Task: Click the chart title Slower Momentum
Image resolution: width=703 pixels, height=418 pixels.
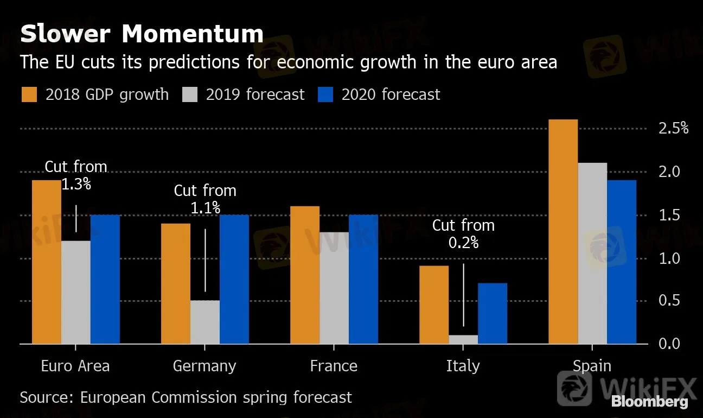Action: pos(142,34)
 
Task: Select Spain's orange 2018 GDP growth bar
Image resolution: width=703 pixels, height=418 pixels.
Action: pos(563,232)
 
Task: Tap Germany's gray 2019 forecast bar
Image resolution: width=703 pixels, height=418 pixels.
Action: pos(205,322)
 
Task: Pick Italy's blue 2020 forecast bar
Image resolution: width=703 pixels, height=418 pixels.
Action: pos(493,313)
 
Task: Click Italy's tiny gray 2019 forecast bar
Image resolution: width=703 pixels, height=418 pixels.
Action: pos(463,339)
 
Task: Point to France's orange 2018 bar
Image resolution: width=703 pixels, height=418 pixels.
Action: pos(305,275)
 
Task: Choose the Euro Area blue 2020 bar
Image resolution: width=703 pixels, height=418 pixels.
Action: pos(105,279)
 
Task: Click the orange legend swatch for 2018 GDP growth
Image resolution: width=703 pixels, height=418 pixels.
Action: pos(29,94)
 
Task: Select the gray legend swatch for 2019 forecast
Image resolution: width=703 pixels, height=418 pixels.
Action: pos(190,94)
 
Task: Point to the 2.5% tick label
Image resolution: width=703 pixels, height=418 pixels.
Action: pos(673,129)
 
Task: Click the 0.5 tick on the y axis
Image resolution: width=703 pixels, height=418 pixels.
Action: pos(669,301)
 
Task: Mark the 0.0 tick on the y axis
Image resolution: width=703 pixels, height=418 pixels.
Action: pos(669,344)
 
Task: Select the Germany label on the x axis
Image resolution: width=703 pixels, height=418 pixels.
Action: pos(204,366)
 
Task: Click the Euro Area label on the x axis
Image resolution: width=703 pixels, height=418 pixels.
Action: pos(75,366)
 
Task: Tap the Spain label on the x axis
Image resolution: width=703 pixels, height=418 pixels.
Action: pos(592,366)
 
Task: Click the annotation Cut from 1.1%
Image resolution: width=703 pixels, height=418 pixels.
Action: pos(205,199)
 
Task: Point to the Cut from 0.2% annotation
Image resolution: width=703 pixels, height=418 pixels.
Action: pos(463,233)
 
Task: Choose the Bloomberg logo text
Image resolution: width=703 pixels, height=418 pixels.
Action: pos(649,402)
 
